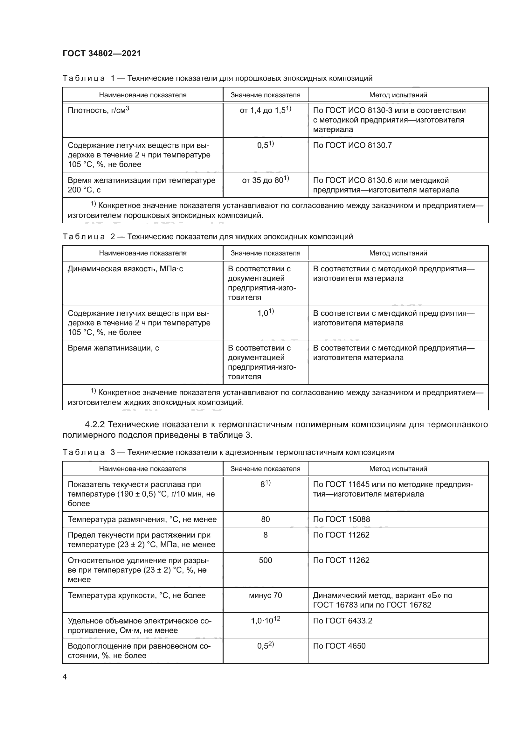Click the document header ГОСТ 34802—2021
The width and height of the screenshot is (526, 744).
point(102,53)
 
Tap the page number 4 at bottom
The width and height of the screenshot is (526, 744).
point(65,677)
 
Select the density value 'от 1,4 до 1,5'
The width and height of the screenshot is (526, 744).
point(265,110)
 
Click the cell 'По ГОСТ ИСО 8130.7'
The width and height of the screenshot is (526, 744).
point(352,145)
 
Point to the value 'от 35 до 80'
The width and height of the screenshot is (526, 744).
point(265,180)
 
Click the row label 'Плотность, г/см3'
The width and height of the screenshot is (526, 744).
point(98,110)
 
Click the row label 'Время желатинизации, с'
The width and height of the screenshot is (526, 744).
point(113,348)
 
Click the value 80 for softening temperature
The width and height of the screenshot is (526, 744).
point(265,519)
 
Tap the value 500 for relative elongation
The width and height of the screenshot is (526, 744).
point(265,560)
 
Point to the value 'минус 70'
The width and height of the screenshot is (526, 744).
point(265,595)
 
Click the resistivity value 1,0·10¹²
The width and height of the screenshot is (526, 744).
point(265,621)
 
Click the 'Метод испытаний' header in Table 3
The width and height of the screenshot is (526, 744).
point(398,469)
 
